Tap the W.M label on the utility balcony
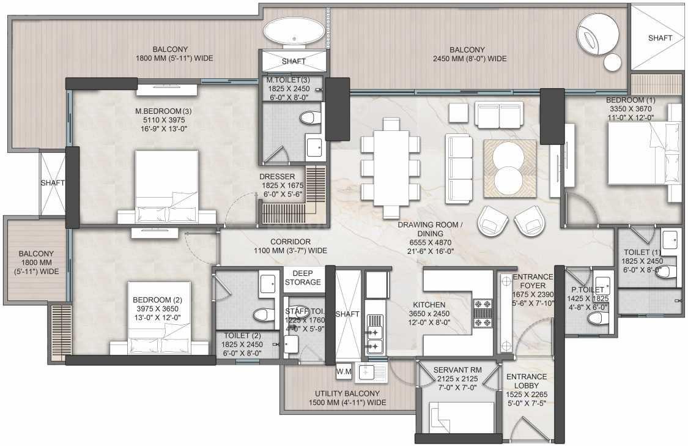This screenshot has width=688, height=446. [x=344, y=372]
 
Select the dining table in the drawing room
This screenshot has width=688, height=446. [x=390, y=168]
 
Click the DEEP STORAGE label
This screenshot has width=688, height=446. [x=303, y=277]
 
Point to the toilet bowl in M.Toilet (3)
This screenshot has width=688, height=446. [x=311, y=118]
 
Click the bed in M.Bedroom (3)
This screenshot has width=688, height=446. [x=167, y=187]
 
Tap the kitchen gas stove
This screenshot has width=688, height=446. [x=483, y=313]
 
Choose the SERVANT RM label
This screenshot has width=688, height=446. [x=457, y=370]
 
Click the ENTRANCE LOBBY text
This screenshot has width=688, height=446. [x=527, y=381]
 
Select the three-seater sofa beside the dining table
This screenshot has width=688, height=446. [x=459, y=169]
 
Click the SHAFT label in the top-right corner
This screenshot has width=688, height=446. [x=660, y=38]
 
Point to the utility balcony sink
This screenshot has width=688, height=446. [x=371, y=373]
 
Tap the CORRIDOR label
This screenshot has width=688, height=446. [x=290, y=242]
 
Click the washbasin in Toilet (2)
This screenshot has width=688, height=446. [x=268, y=284]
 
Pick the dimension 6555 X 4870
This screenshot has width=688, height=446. [x=430, y=242]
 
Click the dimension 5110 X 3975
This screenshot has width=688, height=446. [x=163, y=120]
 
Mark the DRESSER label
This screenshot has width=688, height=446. [x=277, y=176]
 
